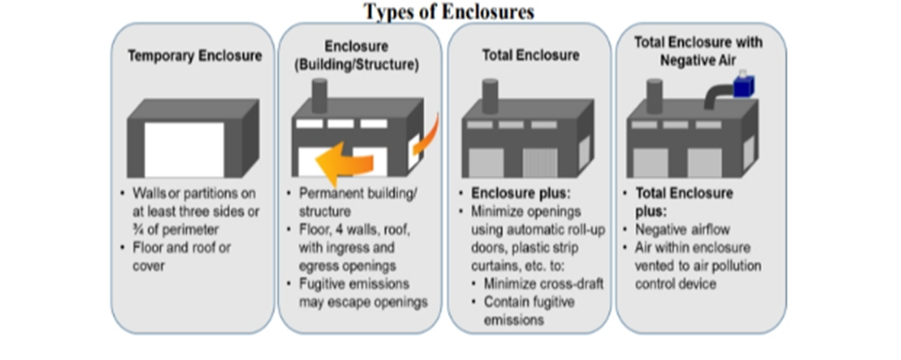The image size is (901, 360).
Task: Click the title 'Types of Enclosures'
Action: pos(450,11)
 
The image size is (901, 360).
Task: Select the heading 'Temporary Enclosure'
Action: pos(195,56)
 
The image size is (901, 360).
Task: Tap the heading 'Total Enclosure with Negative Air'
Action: pos(699,51)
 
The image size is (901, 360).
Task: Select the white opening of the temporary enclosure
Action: pos(184,149)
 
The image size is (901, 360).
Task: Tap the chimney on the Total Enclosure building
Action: pos(490,96)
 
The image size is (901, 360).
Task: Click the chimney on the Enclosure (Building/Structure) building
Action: pos(319,96)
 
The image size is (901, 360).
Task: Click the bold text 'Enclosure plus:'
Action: pos(521,192)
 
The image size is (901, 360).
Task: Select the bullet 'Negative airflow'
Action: pos(682,229)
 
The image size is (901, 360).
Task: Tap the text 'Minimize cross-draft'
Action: pos(543,284)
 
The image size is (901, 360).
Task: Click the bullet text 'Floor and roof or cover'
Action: pos(181,257)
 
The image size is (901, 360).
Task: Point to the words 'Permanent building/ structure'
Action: pos(358,202)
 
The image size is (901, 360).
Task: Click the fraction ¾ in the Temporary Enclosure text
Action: pos(138,229)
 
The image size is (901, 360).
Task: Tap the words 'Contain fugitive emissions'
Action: pos(529,310)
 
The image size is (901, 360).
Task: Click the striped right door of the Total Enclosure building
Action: pos(539,163)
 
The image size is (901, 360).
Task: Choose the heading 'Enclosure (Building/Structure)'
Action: pos(356,56)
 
